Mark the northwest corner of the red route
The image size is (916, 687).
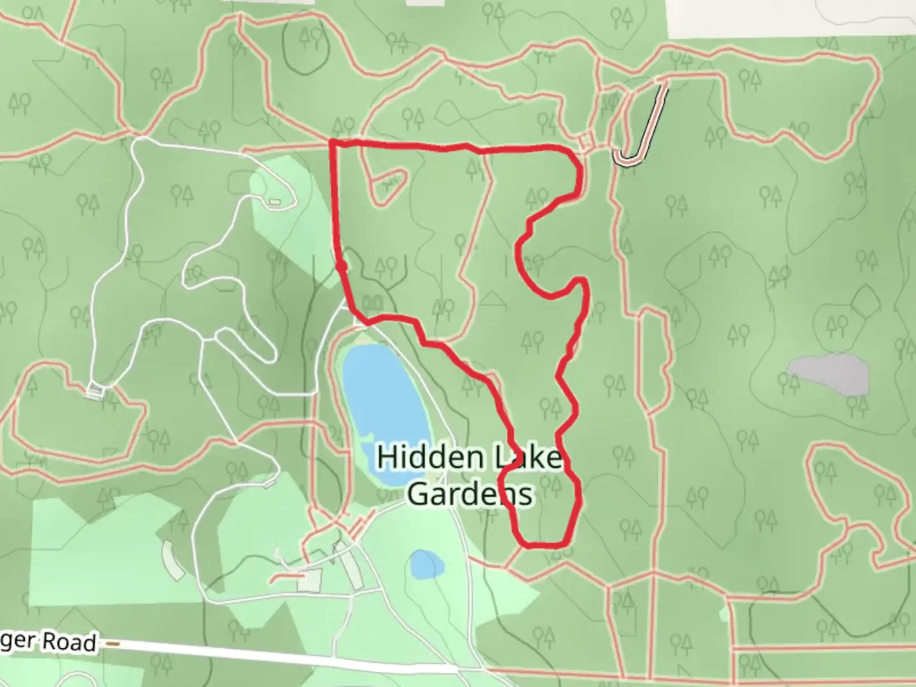(333, 143)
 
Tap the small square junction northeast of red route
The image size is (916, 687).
(586, 141)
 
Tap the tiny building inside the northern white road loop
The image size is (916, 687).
(275, 202)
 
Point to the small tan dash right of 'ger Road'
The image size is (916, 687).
(113, 643)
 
